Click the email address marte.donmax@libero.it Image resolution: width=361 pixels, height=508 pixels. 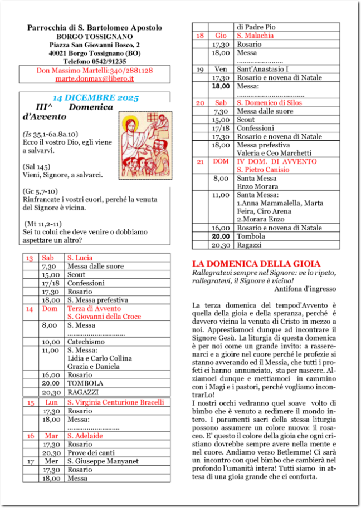pyautogui.click(x=94, y=79)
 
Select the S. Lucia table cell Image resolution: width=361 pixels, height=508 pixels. pyautogui.click(x=80, y=258)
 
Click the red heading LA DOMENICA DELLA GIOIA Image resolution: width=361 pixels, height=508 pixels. pyautogui.click(x=256, y=263)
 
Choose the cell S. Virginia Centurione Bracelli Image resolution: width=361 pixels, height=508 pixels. pyautogui.click(x=115, y=402)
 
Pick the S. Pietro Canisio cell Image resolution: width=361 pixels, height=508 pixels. pyautogui.click(x=263, y=170)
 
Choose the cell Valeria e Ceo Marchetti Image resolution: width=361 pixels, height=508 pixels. pyautogui.click(x=274, y=153)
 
